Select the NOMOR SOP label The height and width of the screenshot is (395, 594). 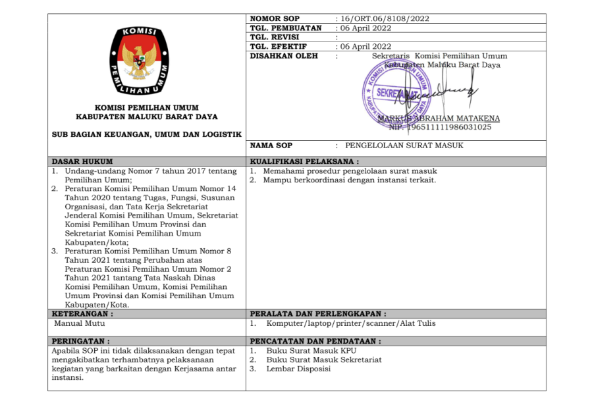275,18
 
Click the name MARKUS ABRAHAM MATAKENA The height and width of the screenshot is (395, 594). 439,118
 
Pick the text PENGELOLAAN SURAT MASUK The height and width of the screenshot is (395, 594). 400,145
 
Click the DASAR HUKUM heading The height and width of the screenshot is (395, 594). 82,161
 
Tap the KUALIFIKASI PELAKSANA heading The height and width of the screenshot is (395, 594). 304,161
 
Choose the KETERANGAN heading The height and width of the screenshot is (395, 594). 80,314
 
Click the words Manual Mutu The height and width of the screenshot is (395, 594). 79,323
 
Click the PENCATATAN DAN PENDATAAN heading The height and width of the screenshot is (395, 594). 315,342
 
